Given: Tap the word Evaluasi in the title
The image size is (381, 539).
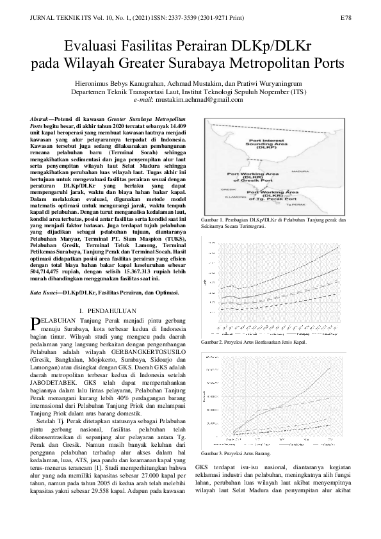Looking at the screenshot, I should coord(95,45).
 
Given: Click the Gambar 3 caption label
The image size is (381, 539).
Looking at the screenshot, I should coord(213,452).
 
